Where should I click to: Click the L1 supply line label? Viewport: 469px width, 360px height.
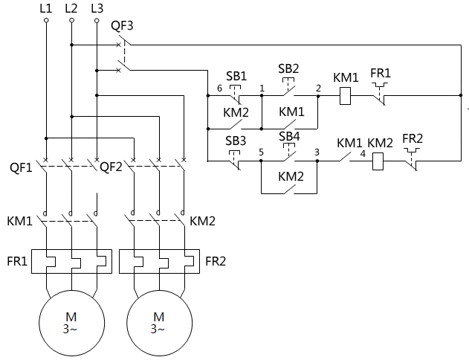click(x=45, y=9)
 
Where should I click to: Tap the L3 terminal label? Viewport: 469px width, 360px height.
click(x=96, y=9)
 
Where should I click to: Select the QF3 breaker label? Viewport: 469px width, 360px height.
click(x=122, y=25)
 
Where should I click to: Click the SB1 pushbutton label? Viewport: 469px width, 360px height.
click(x=236, y=77)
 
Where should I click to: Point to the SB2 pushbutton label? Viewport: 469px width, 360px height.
click(x=288, y=68)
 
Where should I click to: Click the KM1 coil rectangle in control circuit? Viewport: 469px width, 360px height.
click(x=345, y=96)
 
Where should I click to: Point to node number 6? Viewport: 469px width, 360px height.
click(x=219, y=89)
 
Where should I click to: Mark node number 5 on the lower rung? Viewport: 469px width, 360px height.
click(x=261, y=152)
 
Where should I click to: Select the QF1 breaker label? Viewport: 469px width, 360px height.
click(x=20, y=167)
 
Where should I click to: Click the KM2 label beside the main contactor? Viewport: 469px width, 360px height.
click(x=202, y=221)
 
